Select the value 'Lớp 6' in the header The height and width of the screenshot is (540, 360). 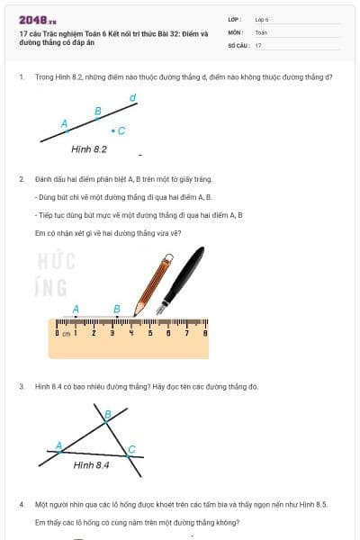pos(262,19)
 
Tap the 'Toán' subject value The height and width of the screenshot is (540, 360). pos(261,31)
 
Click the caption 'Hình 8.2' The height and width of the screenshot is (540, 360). pos(89,148)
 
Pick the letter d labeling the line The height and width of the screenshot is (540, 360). pos(133,97)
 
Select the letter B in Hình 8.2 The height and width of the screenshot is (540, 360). pos(98,112)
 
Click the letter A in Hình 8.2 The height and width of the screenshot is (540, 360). pos(64,123)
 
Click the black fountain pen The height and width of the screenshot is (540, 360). pos(184,275)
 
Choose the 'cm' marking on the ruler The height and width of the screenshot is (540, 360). pos(66,334)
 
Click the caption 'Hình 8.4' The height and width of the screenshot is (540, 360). pos(91,465)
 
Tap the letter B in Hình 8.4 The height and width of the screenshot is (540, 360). pos(108,415)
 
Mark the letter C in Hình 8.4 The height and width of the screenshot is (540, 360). pos(131,449)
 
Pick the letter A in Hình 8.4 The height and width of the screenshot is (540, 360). pos(59,445)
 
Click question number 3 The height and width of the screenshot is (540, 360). pos(22,386)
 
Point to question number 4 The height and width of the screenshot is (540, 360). pos(22,505)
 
